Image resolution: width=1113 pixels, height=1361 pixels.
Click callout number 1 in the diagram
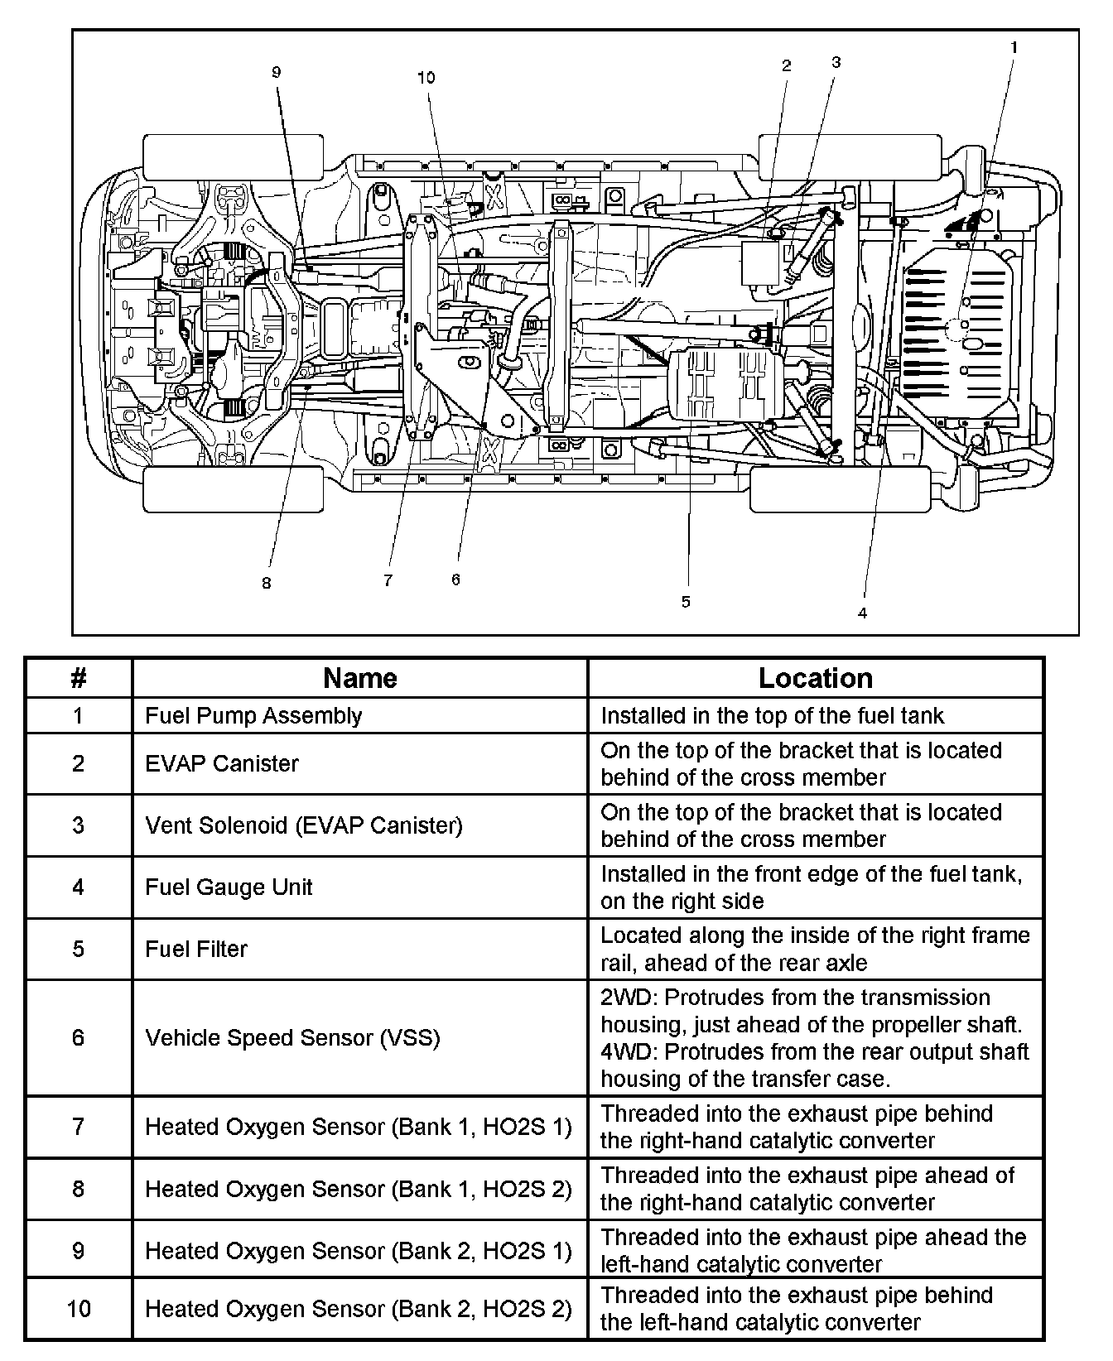point(1014,48)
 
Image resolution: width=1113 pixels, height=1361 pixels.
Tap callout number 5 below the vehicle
point(686,602)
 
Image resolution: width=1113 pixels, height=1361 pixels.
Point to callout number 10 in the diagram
point(426,78)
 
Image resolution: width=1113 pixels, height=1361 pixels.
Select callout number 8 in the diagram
point(266,584)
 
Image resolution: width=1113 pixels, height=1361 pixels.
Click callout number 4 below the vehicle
point(863,613)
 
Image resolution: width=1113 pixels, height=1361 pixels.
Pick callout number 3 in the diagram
point(836,62)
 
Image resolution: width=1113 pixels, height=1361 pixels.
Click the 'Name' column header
point(359,678)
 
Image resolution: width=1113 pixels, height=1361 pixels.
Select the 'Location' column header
point(815,678)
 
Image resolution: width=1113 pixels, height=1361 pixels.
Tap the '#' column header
point(79,678)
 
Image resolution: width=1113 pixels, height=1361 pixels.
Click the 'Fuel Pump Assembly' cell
point(253,716)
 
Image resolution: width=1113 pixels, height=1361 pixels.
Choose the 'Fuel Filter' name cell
point(196,949)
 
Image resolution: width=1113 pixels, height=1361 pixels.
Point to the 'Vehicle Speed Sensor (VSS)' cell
point(292,1038)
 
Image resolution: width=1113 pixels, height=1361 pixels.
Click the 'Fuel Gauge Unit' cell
point(229,887)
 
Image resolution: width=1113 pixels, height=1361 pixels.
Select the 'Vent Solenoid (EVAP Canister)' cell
point(303,825)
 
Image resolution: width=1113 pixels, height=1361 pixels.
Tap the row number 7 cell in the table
point(79,1127)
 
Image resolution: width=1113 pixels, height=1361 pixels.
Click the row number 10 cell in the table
point(79,1309)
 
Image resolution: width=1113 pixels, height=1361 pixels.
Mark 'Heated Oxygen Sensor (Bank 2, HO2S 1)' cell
point(358,1250)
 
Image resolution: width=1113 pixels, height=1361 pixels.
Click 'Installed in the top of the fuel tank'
point(772,716)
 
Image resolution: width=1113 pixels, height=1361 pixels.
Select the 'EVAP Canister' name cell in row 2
point(222,763)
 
